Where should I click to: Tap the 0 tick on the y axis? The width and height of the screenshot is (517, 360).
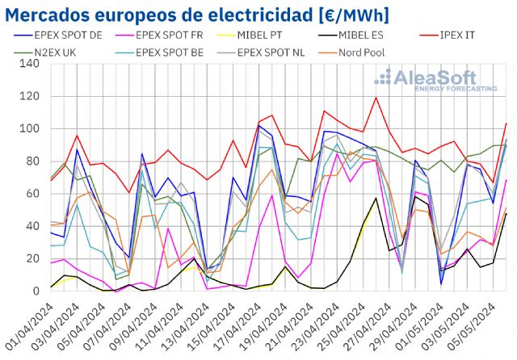point(34,291)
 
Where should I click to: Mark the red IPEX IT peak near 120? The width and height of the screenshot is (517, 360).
point(376,98)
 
